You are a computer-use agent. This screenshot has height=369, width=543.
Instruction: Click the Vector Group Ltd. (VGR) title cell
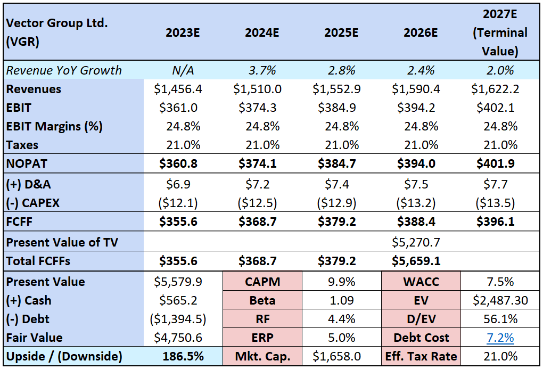coord(48,32)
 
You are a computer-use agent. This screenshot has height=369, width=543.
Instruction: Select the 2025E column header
coord(341,32)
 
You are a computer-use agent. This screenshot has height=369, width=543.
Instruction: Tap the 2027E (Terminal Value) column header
coord(500,32)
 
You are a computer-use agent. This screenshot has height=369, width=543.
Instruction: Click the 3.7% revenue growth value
coord(262,70)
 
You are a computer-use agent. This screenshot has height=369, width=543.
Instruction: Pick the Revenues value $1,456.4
coord(183,89)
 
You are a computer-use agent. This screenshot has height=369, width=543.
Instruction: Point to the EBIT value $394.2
coord(421,108)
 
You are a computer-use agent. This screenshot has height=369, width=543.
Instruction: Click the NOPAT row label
coord(26,163)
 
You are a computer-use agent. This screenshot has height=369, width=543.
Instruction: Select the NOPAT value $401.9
coord(500,163)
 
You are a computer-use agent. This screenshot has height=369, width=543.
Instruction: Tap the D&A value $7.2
coord(262,184)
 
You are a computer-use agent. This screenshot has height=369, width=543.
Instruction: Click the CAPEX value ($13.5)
coord(500,203)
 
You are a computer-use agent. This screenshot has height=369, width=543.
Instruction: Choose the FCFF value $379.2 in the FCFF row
coord(341,222)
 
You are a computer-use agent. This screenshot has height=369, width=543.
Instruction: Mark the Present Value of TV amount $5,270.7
coord(421,242)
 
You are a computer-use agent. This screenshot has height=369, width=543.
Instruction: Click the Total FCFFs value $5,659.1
coord(421,261)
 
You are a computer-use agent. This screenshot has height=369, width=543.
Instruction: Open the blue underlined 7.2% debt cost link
coord(500,338)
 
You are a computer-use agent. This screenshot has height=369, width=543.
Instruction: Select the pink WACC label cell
coord(421,281)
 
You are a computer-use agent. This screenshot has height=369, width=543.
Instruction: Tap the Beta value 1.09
coord(341,300)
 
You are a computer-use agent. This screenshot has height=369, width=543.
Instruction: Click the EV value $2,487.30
coord(500,300)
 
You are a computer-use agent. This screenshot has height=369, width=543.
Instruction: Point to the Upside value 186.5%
coord(183,357)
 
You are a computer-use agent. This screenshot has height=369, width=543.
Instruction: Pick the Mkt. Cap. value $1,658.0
coord(341,357)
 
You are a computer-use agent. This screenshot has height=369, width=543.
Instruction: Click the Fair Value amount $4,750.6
coord(183,338)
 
